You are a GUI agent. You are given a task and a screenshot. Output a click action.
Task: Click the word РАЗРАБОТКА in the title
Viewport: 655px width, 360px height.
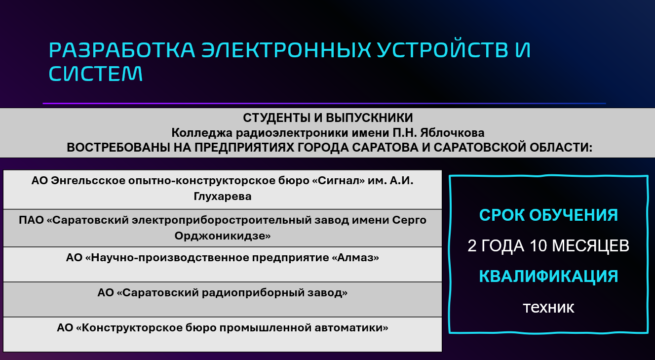pyautogui.click(x=122, y=50)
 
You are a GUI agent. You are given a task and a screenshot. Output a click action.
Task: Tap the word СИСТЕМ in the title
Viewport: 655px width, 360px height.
pyautogui.click(x=96, y=74)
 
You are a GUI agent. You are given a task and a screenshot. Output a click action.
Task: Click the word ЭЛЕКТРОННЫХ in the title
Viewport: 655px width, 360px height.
pyautogui.click(x=286, y=50)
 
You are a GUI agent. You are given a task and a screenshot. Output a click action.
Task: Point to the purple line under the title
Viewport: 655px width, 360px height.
pyautogui.click(x=324, y=103)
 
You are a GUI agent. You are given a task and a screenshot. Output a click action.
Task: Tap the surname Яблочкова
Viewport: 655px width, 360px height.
pyautogui.click(x=452, y=133)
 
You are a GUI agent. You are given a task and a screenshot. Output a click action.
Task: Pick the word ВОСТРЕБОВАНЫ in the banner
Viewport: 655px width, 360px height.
pyautogui.click(x=118, y=147)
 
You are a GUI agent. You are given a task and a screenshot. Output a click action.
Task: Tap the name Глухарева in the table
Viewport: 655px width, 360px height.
pyautogui.click(x=223, y=196)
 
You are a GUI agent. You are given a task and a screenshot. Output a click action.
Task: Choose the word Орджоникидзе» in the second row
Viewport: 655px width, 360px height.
pyautogui.click(x=223, y=236)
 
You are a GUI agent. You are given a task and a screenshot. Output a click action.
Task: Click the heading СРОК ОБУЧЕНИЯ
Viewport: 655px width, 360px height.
pyautogui.click(x=548, y=215)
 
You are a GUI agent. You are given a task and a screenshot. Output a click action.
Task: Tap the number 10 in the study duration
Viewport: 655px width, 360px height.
pyautogui.click(x=538, y=245)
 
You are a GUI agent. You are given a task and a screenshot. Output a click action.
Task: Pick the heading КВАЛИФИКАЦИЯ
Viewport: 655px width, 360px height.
pyautogui.click(x=548, y=277)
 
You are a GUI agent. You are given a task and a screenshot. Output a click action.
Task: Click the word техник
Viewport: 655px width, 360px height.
pyautogui.click(x=548, y=307)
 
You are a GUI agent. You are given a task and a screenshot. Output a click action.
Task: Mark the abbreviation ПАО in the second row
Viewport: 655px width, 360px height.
pyautogui.click(x=31, y=220)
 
